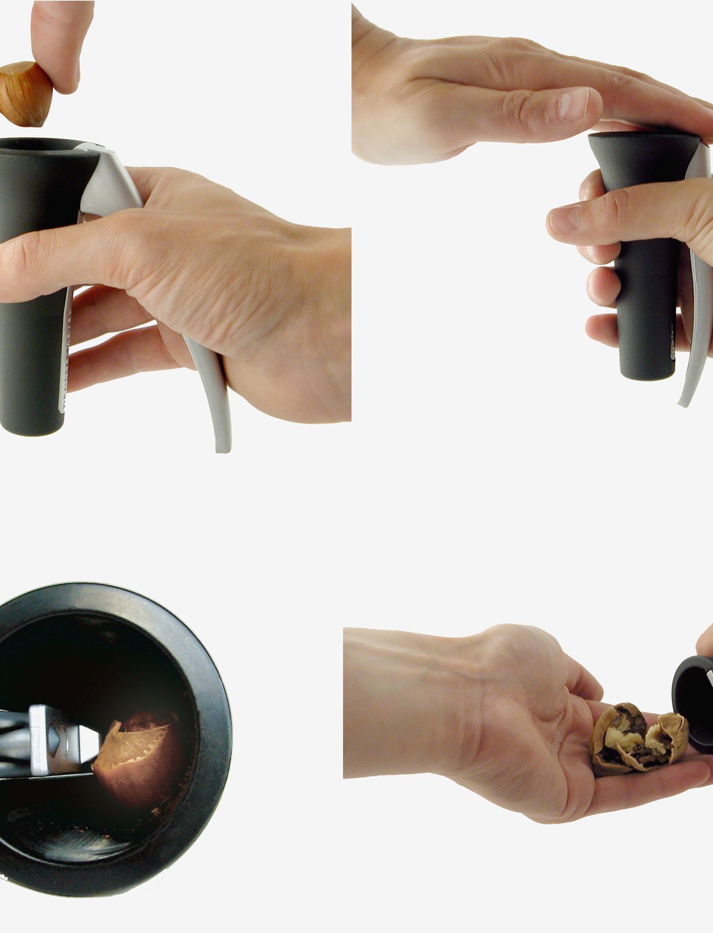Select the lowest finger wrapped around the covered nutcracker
click(603, 329)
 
